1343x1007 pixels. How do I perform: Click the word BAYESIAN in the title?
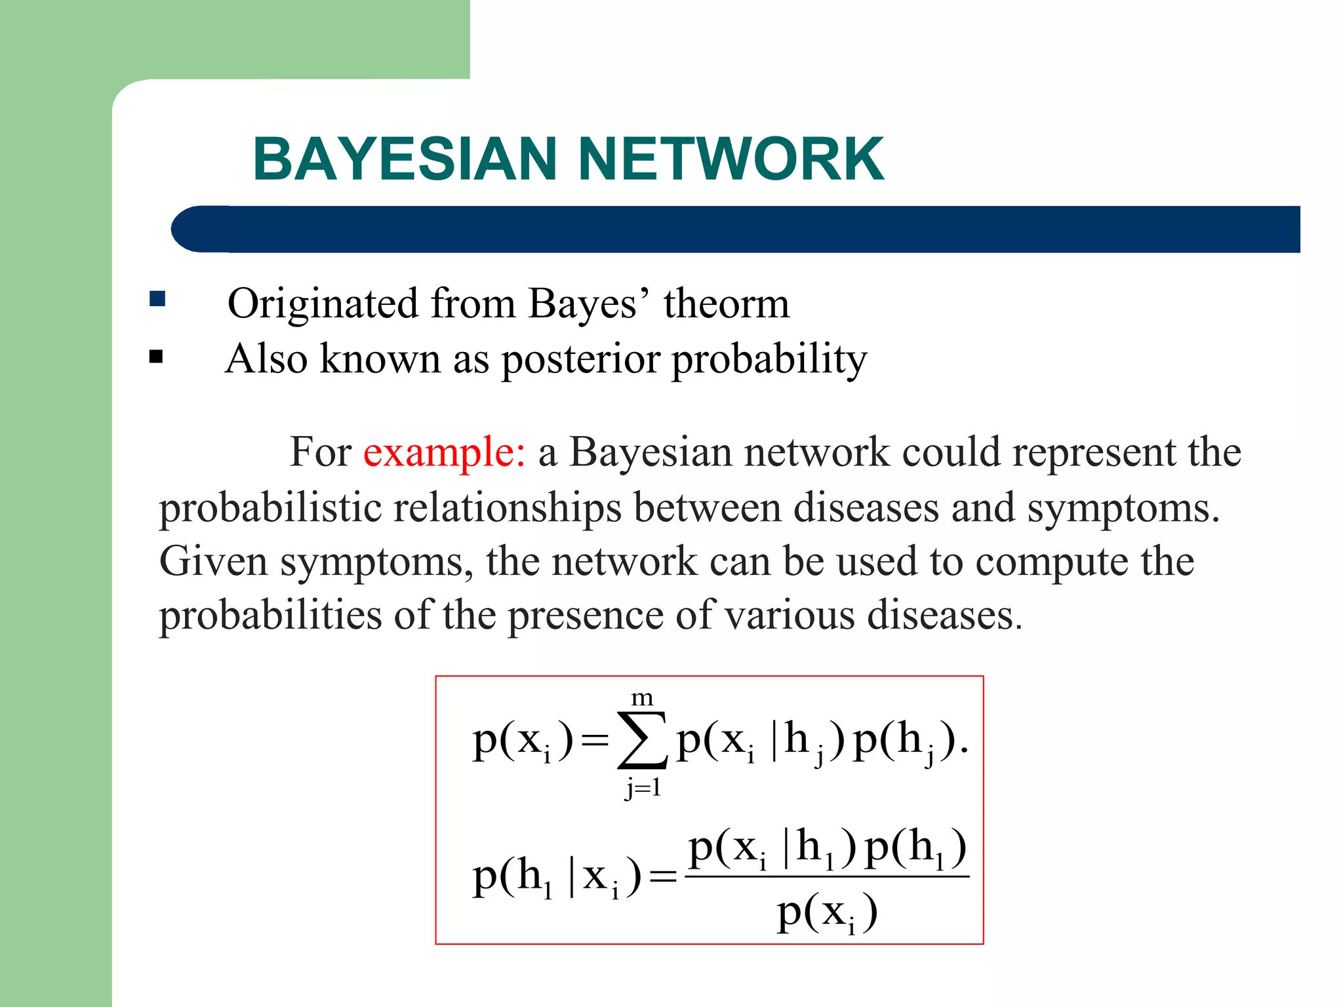click(405, 159)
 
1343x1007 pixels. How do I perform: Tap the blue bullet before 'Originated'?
click(157, 300)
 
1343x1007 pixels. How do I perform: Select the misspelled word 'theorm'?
click(727, 304)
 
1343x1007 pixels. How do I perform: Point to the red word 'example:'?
click(444, 452)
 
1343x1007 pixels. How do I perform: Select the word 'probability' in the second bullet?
click(769, 360)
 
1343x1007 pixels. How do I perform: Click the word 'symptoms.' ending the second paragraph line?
click(1123, 509)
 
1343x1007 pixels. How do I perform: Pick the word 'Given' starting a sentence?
click(213, 562)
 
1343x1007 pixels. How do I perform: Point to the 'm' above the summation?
click(642, 698)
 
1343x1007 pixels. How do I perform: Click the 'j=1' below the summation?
click(643, 787)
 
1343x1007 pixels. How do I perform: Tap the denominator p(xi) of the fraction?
click(827, 912)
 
